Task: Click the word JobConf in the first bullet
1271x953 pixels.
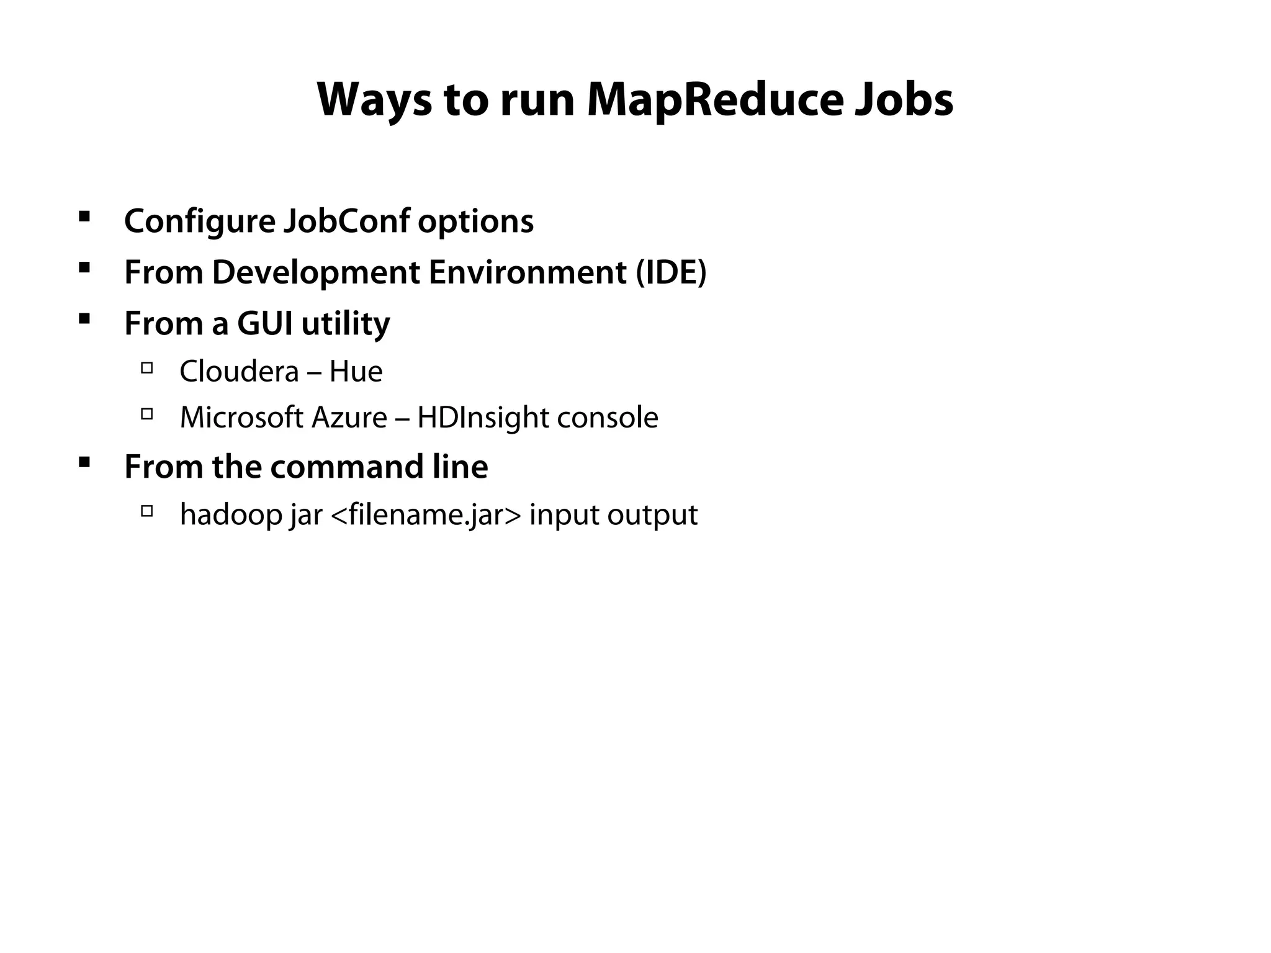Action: pyautogui.click(x=346, y=221)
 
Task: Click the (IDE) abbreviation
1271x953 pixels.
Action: pyautogui.click(x=671, y=272)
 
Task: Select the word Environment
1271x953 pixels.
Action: pyautogui.click(x=527, y=272)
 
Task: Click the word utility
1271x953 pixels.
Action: pyautogui.click(x=345, y=324)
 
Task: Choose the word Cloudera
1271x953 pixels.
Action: pyautogui.click(x=239, y=372)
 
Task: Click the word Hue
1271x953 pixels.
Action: pyautogui.click(x=356, y=372)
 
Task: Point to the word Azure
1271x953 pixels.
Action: pyautogui.click(x=349, y=418)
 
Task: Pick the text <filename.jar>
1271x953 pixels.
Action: pyautogui.click(x=426, y=515)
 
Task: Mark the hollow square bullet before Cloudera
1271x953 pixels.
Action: pyautogui.click(x=147, y=368)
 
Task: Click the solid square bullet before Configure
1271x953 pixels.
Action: pyautogui.click(x=84, y=217)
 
